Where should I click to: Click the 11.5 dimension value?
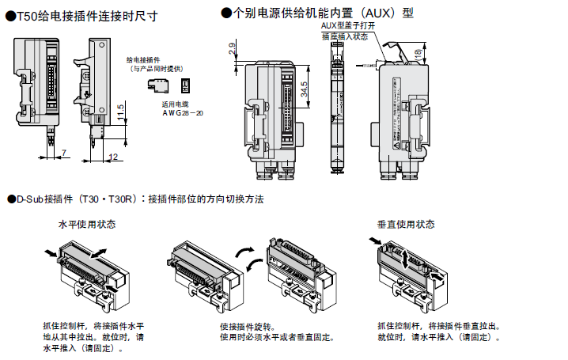120,112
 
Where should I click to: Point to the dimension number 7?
62,151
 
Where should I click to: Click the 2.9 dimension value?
230,50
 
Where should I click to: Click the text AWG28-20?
183,113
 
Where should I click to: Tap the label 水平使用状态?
87,224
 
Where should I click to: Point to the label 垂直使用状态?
406,224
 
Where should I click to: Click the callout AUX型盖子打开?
348,26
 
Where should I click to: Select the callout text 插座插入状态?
344,36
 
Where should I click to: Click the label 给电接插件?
143,60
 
